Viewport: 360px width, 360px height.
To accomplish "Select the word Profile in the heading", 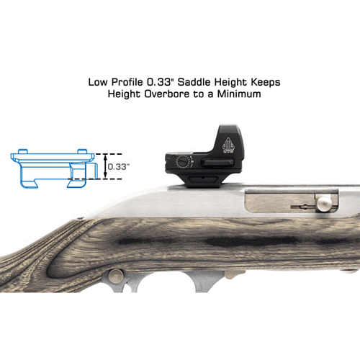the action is pyautogui.click(x=127, y=82).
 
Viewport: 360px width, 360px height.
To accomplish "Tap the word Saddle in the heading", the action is pyautogui.click(x=194, y=82).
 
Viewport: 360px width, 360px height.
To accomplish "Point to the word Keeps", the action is pyautogui.click(x=266, y=83).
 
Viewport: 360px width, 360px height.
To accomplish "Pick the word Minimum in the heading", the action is pyautogui.click(x=239, y=94).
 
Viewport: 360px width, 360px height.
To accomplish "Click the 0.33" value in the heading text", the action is pyautogui.click(x=160, y=82).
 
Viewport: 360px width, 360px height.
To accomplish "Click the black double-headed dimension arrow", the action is pyautogui.click(x=105, y=166).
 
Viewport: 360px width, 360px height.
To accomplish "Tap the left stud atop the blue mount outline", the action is pyautogui.click(x=23, y=151).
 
